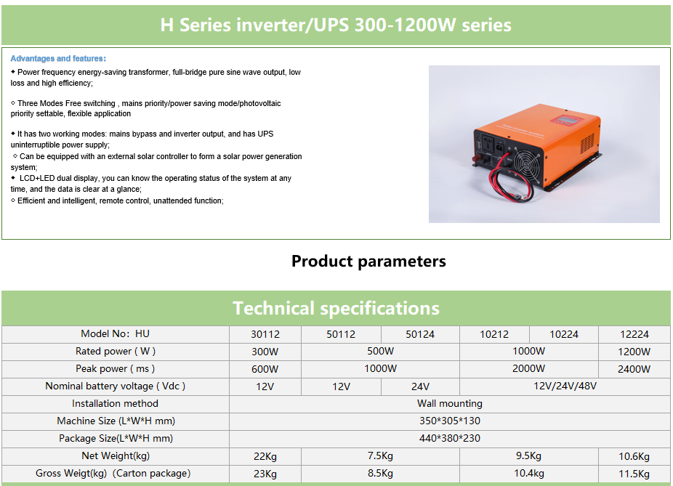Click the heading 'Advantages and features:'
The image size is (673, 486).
click(x=58, y=58)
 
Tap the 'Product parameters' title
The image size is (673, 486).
click(x=368, y=262)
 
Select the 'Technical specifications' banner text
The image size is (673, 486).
click(x=336, y=309)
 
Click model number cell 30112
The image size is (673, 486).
click(x=265, y=335)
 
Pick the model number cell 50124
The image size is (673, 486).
click(x=420, y=335)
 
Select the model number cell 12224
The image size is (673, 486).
click(x=634, y=335)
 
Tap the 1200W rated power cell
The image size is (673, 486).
click(x=634, y=352)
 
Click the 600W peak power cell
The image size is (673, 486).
click(x=265, y=369)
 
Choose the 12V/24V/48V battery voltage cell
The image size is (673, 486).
click(x=565, y=386)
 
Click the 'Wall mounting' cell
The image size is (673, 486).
click(x=450, y=404)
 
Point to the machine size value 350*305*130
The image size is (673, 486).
click(x=450, y=421)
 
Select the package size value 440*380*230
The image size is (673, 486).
click(x=450, y=438)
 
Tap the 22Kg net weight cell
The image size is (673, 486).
click(x=265, y=456)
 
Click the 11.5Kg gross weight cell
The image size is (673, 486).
click(x=634, y=474)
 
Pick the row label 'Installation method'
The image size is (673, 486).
click(x=115, y=404)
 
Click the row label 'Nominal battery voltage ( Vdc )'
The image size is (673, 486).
click(x=115, y=386)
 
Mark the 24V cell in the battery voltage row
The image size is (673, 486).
click(x=420, y=386)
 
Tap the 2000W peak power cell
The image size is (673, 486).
click(x=529, y=368)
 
